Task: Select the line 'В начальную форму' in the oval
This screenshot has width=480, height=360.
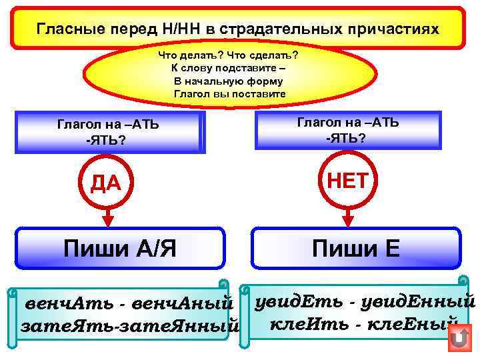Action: click(229, 81)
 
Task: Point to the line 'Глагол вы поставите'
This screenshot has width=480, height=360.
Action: click(229, 94)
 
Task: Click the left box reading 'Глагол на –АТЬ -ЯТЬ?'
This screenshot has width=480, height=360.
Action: click(108, 132)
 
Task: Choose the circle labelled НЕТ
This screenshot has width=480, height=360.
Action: click(347, 180)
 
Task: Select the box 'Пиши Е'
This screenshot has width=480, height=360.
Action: click(356, 249)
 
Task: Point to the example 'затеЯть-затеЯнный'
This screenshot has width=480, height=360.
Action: click(130, 327)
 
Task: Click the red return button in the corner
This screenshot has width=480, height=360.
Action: click(459, 339)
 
